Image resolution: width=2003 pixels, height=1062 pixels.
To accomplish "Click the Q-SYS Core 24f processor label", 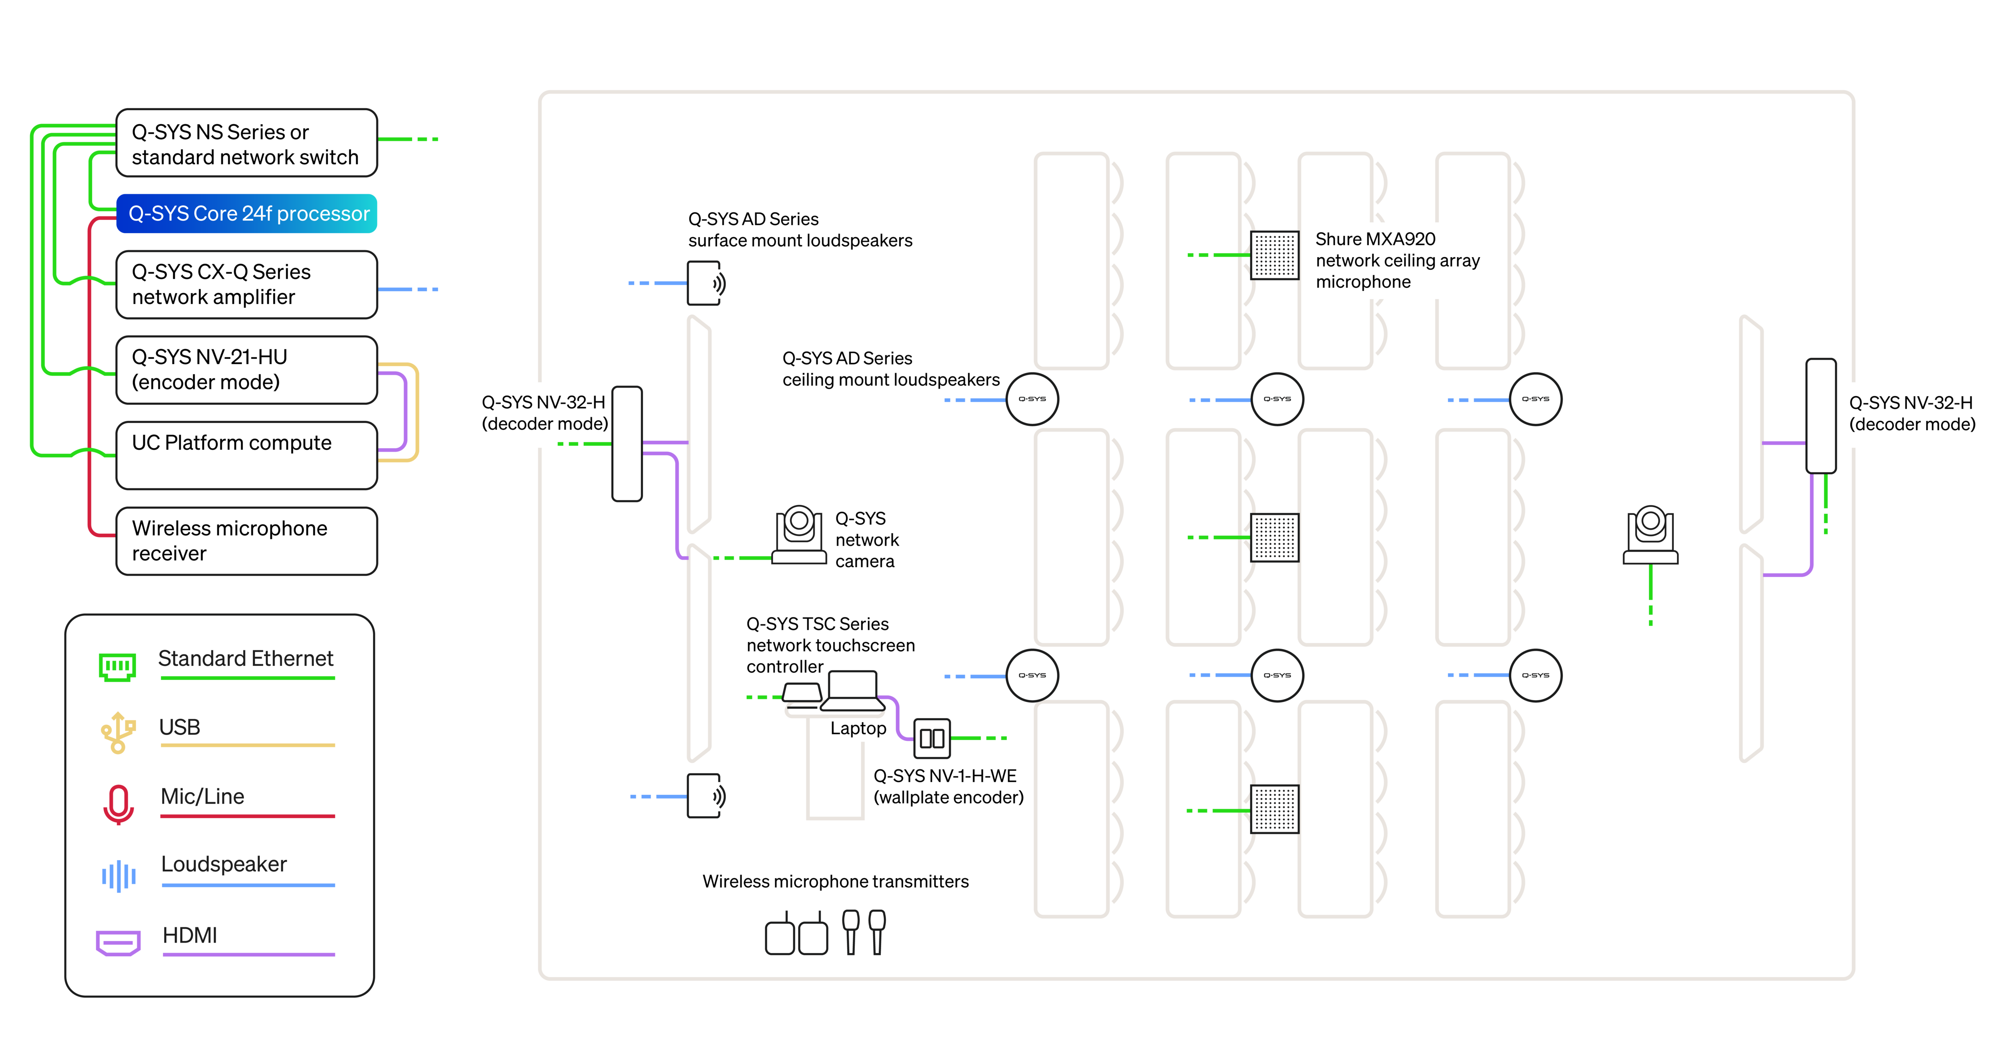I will click(249, 214).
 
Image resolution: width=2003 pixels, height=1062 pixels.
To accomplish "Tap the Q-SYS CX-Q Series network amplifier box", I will click(246, 284).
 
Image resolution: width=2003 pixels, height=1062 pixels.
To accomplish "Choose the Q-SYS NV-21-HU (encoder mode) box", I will click(246, 370).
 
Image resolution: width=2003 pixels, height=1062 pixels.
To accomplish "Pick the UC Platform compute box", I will click(246, 455).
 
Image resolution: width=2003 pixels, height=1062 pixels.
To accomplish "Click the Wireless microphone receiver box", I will click(246, 541).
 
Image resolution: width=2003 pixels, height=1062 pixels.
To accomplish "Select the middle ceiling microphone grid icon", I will click(1274, 536).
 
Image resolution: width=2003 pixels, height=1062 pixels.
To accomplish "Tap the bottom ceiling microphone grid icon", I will click(1274, 808).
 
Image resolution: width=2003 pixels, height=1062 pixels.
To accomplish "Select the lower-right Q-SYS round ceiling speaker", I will click(1535, 675).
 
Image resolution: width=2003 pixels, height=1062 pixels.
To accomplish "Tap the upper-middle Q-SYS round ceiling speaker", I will click(1277, 399).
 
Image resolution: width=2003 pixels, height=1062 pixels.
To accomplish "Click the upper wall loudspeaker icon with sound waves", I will click(705, 283).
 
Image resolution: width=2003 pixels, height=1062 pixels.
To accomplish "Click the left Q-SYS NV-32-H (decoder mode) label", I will click(544, 413).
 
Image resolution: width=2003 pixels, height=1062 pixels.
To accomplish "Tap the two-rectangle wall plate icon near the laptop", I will click(931, 738).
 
